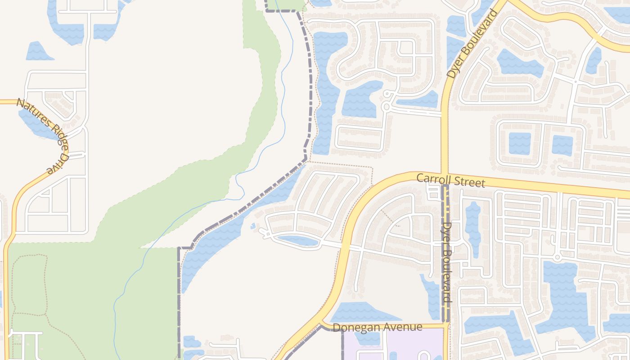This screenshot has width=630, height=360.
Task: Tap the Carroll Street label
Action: tap(450, 180)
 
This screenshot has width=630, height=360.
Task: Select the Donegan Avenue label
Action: tap(377, 327)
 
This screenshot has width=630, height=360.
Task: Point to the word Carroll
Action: tap(432, 179)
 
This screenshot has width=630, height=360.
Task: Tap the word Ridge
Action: tap(58, 136)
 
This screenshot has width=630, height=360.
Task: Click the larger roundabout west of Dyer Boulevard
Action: tap(386, 107)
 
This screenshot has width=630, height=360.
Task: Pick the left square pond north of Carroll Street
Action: tap(520, 144)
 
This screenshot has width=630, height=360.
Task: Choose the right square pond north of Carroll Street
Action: tap(562, 145)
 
